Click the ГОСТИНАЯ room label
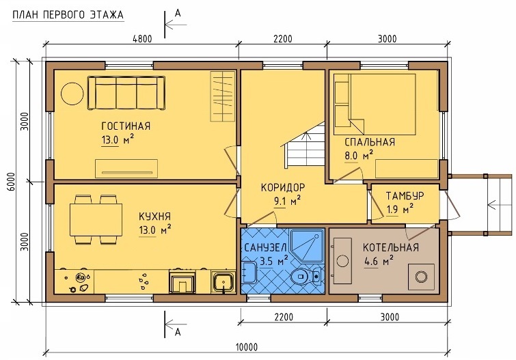pos(126,126)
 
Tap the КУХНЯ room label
pos(154,217)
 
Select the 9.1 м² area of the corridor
pos(288,200)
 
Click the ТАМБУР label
pos(405,196)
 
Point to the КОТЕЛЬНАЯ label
pos(391,247)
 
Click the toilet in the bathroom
pos(306,276)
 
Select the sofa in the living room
pos(126,93)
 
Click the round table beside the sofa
pos(72,94)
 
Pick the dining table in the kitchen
pos(96,219)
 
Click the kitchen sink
pos(223,282)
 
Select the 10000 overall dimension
pos(247,347)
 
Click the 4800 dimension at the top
pos(142,39)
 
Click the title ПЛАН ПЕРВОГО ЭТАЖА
pos(68,15)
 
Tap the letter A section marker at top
pos(178,13)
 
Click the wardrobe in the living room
pos(223,96)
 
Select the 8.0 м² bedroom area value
pos(359,155)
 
